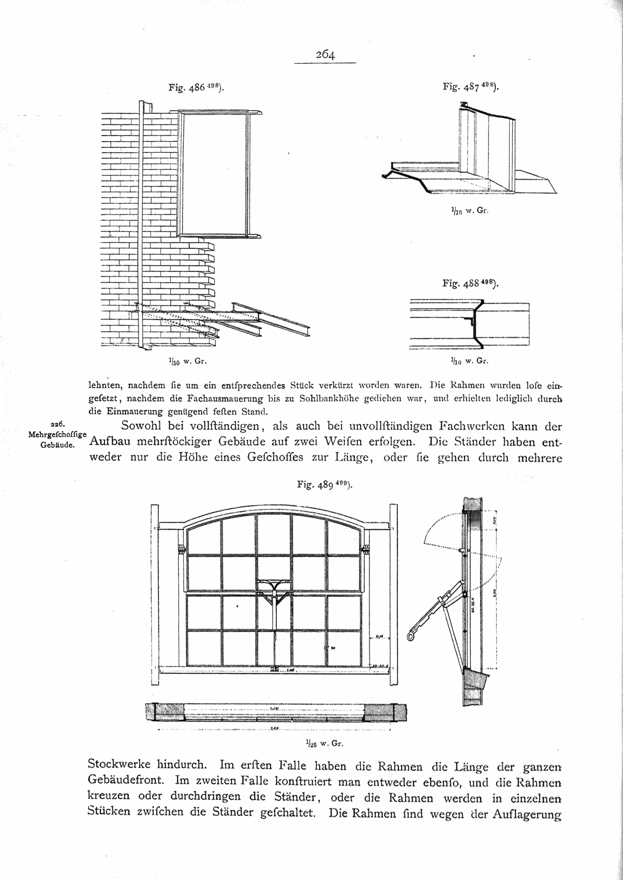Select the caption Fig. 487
click(470, 89)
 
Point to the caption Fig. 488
click(470, 283)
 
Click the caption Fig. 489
click(324, 485)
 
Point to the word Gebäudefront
click(128, 780)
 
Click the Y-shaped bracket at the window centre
click(273, 588)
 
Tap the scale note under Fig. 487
click(467, 211)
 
